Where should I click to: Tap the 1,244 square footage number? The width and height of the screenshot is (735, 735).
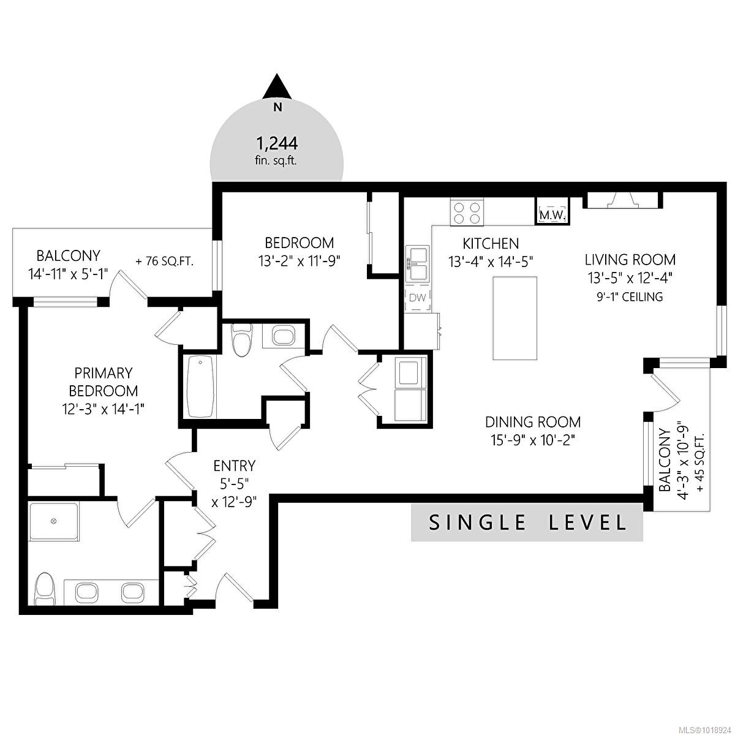click(x=277, y=143)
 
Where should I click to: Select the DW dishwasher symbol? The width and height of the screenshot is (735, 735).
click(x=417, y=298)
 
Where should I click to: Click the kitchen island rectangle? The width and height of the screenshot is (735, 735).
click(x=515, y=318)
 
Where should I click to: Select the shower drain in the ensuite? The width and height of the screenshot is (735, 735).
click(x=53, y=521)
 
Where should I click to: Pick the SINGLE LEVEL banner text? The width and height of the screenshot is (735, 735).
click(x=527, y=522)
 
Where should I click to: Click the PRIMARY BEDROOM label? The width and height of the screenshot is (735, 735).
click(x=103, y=382)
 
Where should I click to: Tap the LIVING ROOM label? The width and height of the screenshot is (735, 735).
click(x=630, y=259)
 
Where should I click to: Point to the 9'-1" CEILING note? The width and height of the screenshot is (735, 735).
click(x=630, y=297)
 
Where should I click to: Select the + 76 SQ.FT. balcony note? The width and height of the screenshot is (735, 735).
click(x=164, y=261)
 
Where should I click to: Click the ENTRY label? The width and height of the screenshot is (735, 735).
click(x=234, y=466)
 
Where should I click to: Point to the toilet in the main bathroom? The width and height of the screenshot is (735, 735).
click(x=242, y=340)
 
